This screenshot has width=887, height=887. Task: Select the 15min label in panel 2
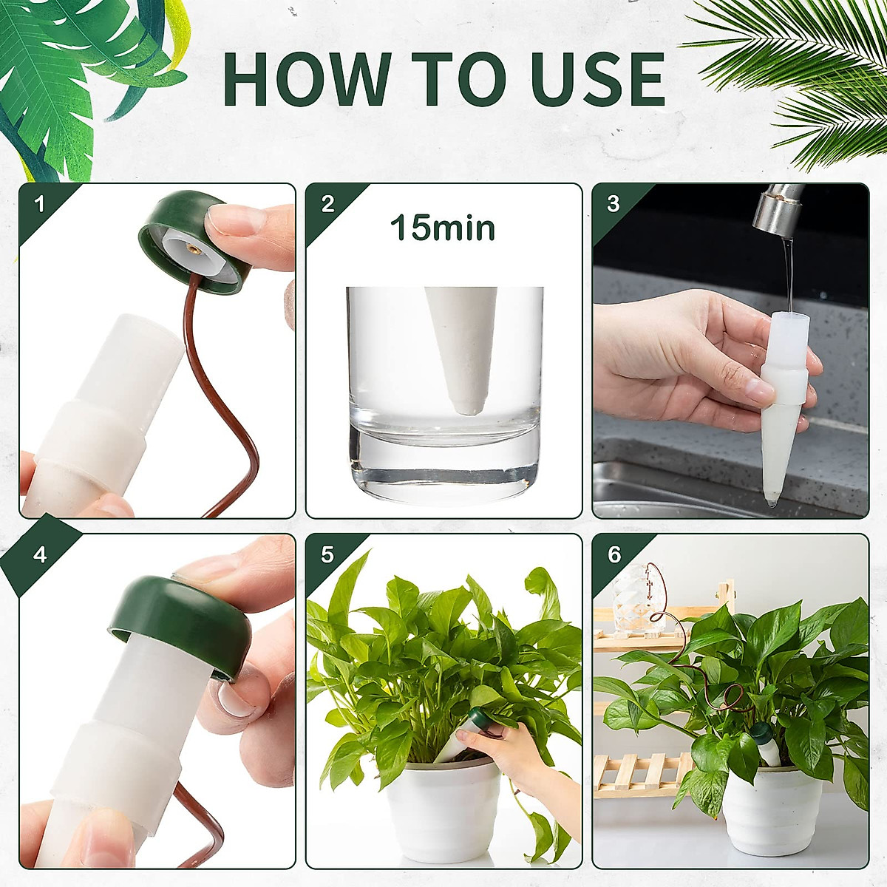(x=442, y=228)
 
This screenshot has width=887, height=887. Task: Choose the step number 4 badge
(x=40, y=554)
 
